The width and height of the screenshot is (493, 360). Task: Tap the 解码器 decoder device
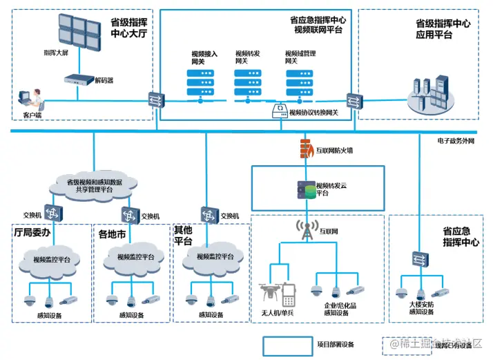click(x=79, y=79)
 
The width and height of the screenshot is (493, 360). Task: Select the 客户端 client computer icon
click(x=30, y=100)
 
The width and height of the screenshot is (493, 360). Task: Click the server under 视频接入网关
click(x=201, y=85)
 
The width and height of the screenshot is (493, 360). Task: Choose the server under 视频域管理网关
click(x=301, y=85)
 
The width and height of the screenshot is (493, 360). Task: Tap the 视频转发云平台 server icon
click(x=306, y=189)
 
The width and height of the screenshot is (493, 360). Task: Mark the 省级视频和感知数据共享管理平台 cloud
click(x=94, y=185)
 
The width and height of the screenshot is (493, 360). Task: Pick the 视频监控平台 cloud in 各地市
click(x=133, y=259)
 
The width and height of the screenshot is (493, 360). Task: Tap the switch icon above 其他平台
click(x=209, y=214)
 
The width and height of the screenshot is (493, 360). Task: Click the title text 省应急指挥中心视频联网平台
click(x=318, y=25)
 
